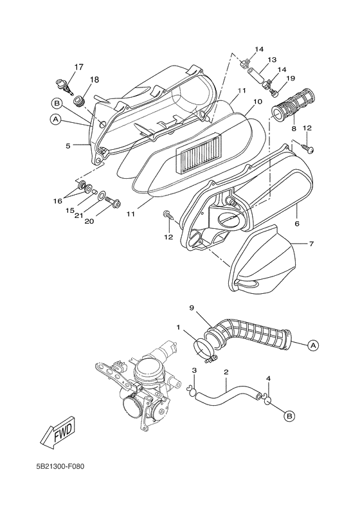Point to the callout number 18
[94, 80]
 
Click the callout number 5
[67, 146]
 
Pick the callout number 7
[311, 244]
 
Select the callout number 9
[191, 308]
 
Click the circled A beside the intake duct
[313, 345]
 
